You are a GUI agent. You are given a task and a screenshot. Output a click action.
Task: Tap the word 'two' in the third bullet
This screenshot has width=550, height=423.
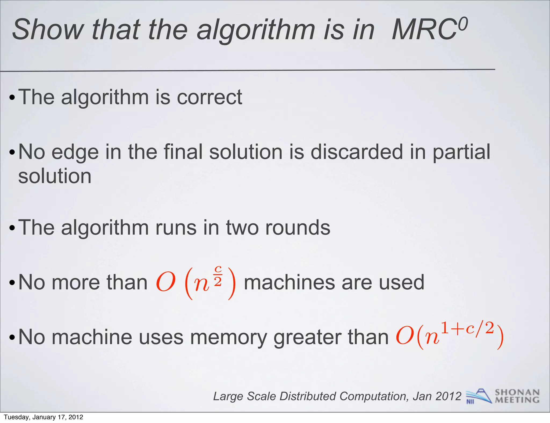pyautogui.click(x=242, y=228)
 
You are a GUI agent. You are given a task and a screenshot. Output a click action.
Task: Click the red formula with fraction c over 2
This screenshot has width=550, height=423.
pyautogui.click(x=196, y=282)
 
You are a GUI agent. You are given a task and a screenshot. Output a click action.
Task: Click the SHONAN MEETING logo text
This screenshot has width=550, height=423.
pyautogui.click(x=517, y=396)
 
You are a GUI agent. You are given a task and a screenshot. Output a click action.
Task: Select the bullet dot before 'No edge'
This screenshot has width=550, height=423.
pyautogui.click(x=12, y=153)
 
